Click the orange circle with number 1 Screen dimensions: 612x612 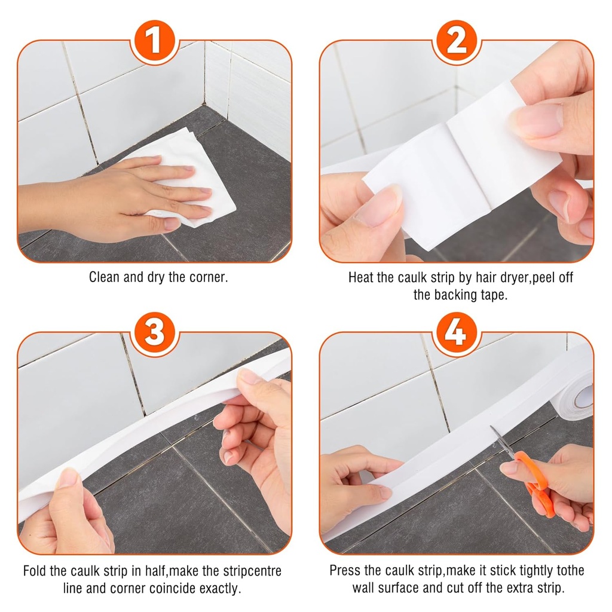(x=154, y=41)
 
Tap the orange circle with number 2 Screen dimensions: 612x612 (x=457, y=41)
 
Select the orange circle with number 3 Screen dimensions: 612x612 (x=154, y=333)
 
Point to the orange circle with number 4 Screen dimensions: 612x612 (x=457, y=333)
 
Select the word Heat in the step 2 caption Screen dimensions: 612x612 (x=362, y=278)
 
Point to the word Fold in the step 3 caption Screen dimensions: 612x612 (x=36, y=571)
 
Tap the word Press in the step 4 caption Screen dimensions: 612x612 (x=345, y=571)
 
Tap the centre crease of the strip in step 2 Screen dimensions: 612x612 (x=460, y=161)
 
